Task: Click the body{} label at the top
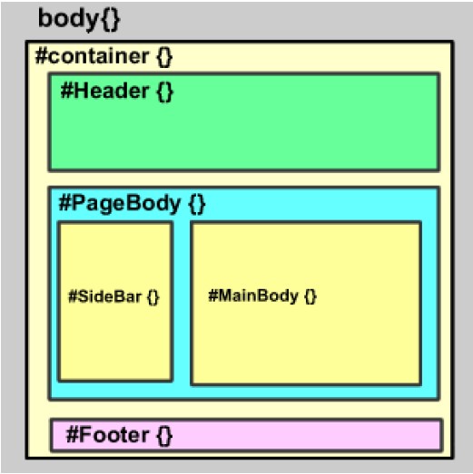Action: pyautogui.click(x=77, y=19)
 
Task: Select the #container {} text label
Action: pyautogui.click(x=103, y=56)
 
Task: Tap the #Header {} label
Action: pyautogui.click(x=116, y=91)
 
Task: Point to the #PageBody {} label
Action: pyautogui.click(x=133, y=204)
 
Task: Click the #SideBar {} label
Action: pyautogui.click(x=113, y=296)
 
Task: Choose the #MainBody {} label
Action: pyautogui.click(x=262, y=296)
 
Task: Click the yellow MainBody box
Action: pyautogui.click(x=306, y=344)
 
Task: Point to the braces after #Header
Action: pyautogui.click(x=164, y=91)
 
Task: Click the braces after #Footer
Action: pyautogui.click(x=163, y=435)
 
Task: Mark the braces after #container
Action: pyautogui.click(x=163, y=56)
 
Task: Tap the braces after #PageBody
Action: pyautogui.click(x=197, y=204)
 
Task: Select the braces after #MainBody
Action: pyautogui.click(x=310, y=296)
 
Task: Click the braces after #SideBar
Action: pyautogui.click(x=153, y=296)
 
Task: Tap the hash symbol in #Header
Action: pyautogui.click(x=66, y=91)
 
